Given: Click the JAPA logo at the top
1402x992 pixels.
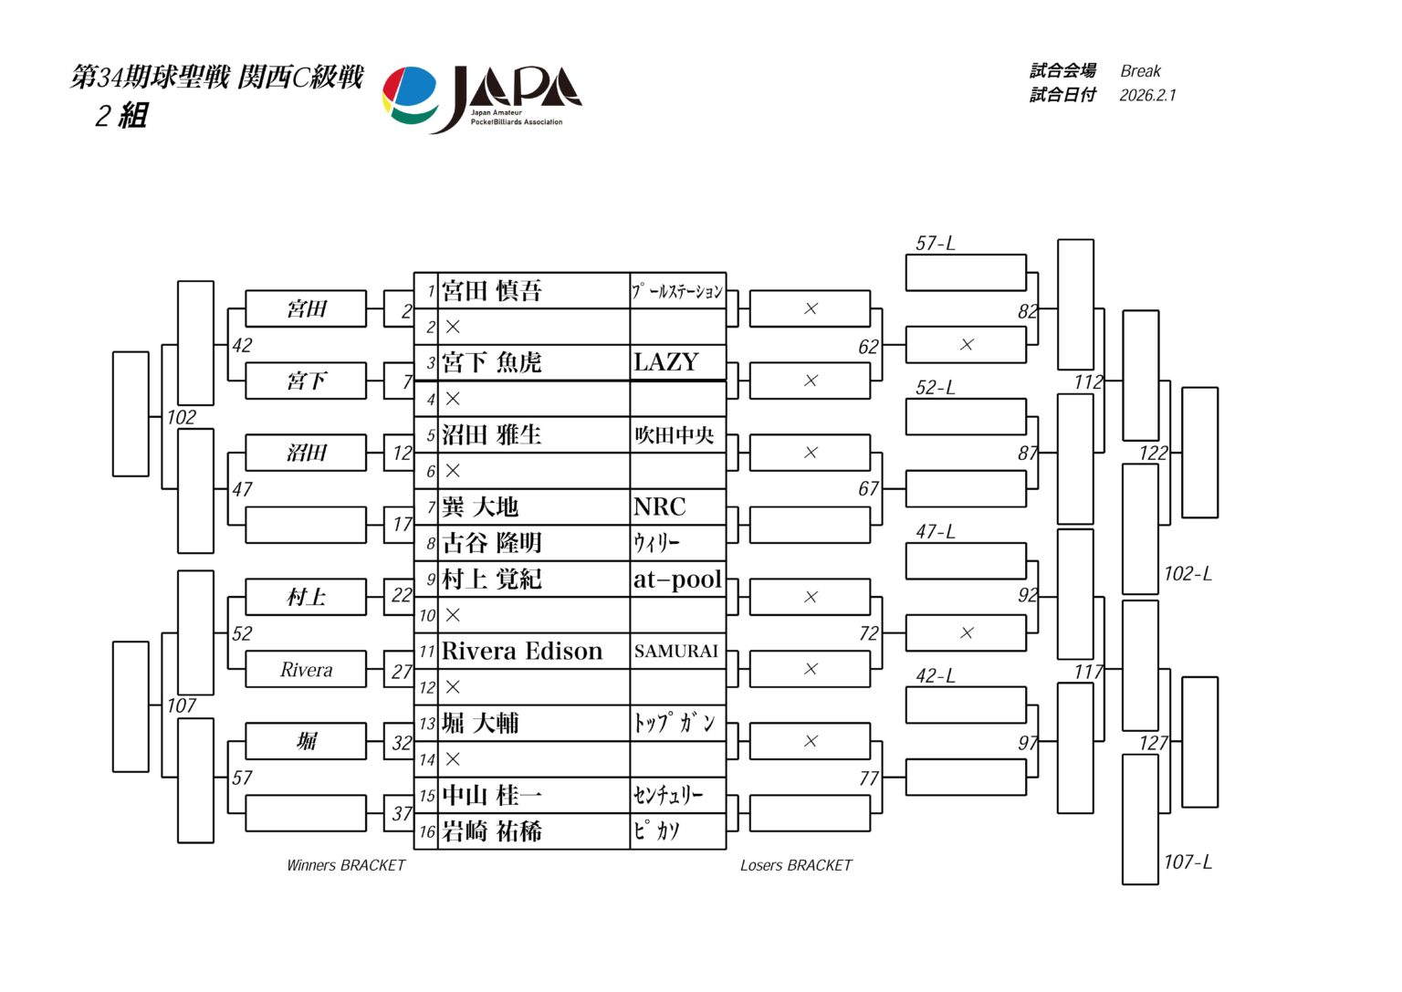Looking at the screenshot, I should (x=481, y=98).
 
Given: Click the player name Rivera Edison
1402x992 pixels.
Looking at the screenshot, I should (x=522, y=652).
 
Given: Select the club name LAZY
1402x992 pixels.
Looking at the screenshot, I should (x=665, y=362).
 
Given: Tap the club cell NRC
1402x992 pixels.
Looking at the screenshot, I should (x=659, y=506).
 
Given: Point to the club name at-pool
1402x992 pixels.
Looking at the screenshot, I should (x=677, y=580).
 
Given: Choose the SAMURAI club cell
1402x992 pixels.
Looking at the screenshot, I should (x=676, y=652).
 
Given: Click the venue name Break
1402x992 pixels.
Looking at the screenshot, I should (x=1140, y=71).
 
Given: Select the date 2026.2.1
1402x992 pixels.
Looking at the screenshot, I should (x=1147, y=95).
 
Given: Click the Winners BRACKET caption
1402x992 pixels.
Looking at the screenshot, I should (x=346, y=865).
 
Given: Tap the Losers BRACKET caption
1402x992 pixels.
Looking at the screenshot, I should (x=796, y=865).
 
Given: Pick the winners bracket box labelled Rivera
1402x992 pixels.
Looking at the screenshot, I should (x=306, y=670).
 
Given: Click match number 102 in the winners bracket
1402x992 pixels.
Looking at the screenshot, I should (x=181, y=417).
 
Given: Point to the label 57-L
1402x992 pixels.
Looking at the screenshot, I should (x=936, y=244).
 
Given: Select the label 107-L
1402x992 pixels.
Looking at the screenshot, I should (x=1188, y=861).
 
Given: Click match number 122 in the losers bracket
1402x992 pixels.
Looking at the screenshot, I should (x=1153, y=453).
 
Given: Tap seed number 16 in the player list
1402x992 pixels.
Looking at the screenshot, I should (x=427, y=832).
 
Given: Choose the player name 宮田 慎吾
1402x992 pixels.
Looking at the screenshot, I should (x=492, y=291).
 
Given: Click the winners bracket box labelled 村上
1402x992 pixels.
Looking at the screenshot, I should (x=306, y=598).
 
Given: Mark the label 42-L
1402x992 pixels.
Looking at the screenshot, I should (x=936, y=676).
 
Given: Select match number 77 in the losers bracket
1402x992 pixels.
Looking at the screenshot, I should (x=868, y=778).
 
